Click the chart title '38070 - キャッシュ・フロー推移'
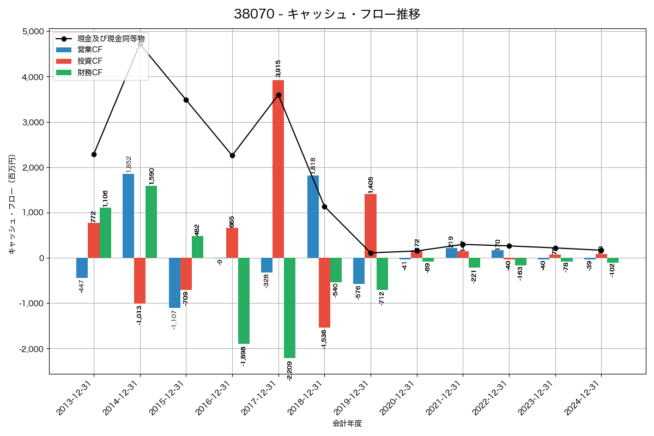point(327,14)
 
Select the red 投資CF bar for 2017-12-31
point(278,169)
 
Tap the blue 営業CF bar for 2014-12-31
point(128,216)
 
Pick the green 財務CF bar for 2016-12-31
point(244,301)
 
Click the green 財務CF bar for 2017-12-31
point(290,308)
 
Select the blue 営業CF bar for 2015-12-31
point(174,283)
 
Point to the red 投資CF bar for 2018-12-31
point(324,293)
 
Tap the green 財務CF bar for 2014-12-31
point(152,222)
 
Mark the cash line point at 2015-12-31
point(186,100)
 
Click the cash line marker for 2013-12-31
point(94,154)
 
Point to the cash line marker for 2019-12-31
point(371,253)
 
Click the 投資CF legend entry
point(89,61)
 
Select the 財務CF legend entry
point(89,72)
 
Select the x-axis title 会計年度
point(347,423)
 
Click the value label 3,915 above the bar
point(278,69)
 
